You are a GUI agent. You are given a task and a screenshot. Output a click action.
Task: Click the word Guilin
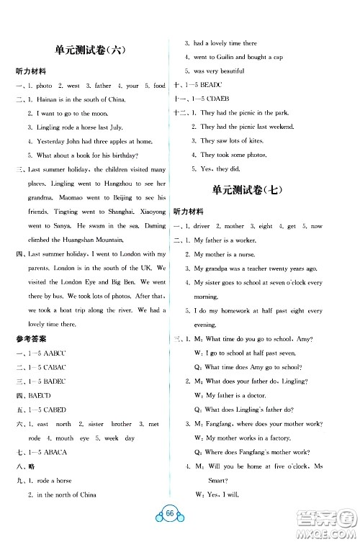click(226, 57)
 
